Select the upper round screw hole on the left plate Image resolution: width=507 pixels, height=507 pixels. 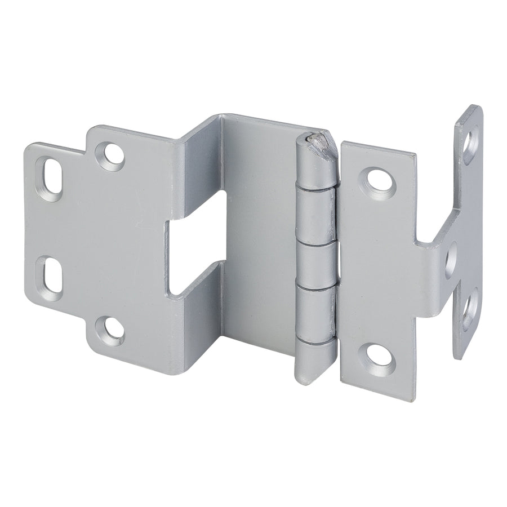point(110,154)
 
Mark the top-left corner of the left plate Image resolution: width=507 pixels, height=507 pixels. point(28,145)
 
